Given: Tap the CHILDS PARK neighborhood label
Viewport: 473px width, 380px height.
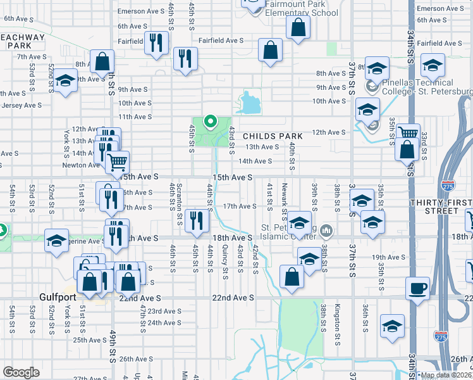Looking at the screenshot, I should [272, 136].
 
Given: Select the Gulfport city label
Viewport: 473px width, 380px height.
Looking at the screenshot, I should [57, 297].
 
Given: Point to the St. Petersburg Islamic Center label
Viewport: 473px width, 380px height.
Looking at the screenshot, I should [287, 233].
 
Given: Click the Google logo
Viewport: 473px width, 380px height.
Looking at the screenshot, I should [20, 372].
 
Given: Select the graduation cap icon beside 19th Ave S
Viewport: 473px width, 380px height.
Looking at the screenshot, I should [309, 259].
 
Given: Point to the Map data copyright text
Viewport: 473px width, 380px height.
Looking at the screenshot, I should [446, 375].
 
